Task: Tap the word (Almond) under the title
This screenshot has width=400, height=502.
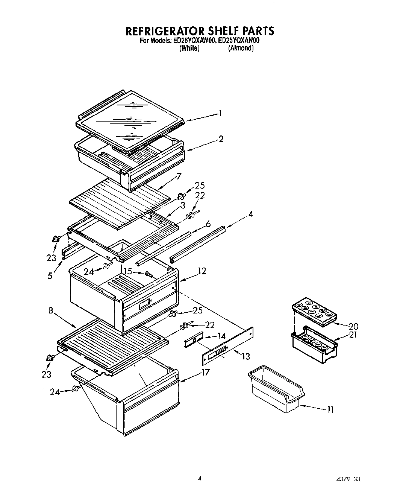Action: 241,48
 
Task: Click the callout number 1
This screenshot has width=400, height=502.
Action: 221,113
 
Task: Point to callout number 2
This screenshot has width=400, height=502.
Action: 221,139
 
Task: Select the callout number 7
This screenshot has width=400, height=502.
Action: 179,176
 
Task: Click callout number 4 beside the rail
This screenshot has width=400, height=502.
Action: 250,214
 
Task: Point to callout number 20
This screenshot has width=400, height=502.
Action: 353,326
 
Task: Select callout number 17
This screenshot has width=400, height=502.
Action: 205,373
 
